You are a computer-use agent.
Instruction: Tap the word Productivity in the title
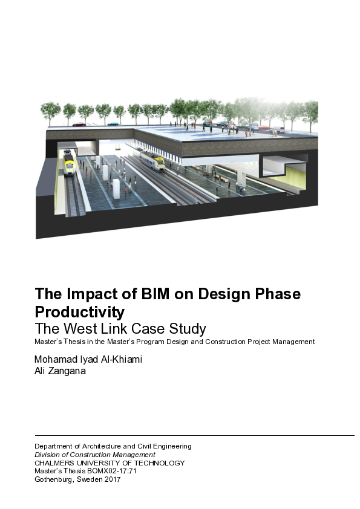(80, 312)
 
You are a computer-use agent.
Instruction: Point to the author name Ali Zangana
(61, 371)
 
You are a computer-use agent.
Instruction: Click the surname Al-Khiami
(120, 360)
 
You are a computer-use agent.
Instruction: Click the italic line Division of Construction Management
(95, 455)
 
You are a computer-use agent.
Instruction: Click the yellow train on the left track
(69, 161)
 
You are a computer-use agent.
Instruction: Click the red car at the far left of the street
(79, 124)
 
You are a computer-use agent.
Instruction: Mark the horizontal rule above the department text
(194, 435)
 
